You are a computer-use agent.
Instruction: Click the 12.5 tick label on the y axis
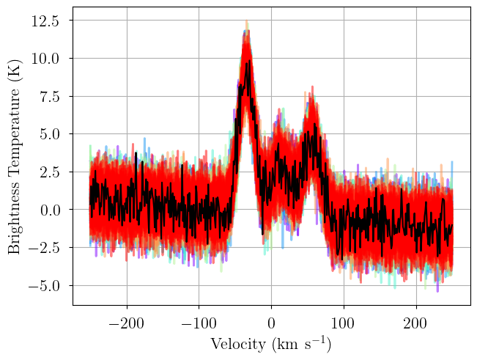click(x=45, y=21)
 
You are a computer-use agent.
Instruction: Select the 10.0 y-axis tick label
click(x=45, y=59)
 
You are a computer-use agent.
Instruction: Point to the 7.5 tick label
click(x=49, y=97)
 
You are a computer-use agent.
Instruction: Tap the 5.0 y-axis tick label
click(x=49, y=134)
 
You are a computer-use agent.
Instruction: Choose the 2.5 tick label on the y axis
click(x=49, y=172)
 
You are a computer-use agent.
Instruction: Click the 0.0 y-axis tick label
click(x=49, y=210)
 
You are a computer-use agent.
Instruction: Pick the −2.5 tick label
click(x=43, y=248)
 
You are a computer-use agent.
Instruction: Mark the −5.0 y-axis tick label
click(x=43, y=286)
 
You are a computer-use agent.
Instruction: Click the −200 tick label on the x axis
click(x=127, y=323)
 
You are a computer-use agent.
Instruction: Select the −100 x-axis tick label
click(x=199, y=323)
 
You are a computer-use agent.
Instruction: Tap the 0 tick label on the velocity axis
click(x=271, y=323)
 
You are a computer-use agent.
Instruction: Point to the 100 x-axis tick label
click(x=344, y=323)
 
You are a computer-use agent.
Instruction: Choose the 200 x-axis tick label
click(x=415, y=323)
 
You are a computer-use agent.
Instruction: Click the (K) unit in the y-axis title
click(x=14, y=70)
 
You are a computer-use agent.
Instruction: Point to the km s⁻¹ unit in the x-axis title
click(x=302, y=344)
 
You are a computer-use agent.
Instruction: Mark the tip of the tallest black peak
click(x=249, y=60)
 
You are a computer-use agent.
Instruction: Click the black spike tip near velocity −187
click(x=136, y=153)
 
